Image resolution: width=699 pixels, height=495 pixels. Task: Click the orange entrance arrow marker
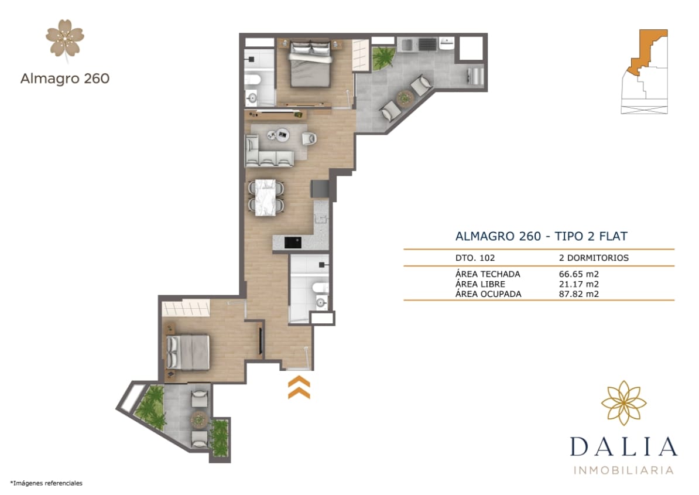tap(299, 388)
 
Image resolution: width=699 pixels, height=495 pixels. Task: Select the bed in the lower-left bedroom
tap(189, 352)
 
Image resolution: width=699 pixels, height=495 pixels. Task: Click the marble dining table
tap(266, 197)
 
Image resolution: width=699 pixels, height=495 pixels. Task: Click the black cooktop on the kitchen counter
tap(292, 241)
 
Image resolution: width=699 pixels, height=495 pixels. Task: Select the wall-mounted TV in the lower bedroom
tap(260, 340)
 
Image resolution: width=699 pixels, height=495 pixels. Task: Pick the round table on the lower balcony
tap(199, 418)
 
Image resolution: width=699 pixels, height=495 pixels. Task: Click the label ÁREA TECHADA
tap(487, 274)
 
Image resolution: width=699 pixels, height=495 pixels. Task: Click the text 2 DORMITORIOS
tap(594, 258)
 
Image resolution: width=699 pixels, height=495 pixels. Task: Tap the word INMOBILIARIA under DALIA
tap(623, 470)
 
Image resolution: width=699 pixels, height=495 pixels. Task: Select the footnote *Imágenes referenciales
tap(46, 483)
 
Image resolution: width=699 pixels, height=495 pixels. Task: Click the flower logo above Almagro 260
tap(65, 39)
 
